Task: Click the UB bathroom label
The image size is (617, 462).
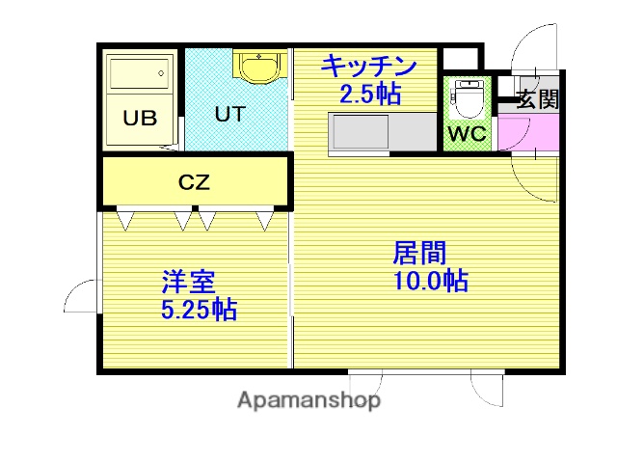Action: (x=140, y=118)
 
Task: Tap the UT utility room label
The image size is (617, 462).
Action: (x=230, y=114)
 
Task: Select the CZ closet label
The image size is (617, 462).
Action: (x=195, y=181)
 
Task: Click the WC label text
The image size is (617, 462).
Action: (x=468, y=134)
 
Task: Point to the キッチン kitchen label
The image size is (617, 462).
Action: (x=368, y=67)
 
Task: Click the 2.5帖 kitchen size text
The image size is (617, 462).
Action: (x=370, y=95)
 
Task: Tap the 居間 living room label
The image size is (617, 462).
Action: (x=419, y=253)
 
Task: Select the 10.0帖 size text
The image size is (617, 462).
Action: (x=431, y=281)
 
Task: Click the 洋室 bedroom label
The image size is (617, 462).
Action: (x=189, y=282)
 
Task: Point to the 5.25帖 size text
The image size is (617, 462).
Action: (x=200, y=310)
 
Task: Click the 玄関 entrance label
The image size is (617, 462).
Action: (x=538, y=99)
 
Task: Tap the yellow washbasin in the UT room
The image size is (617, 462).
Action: (x=259, y=67)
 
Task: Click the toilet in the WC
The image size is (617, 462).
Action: (x=467, y=99)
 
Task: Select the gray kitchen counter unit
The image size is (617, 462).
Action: (x=383, y=132)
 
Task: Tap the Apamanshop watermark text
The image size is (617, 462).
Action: (x=308, y=400)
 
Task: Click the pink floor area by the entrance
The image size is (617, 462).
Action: (x=528, y=132)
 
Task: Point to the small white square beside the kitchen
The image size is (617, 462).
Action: (x=461, y=59)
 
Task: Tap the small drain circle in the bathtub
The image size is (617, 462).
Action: (x=161, y=73)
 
